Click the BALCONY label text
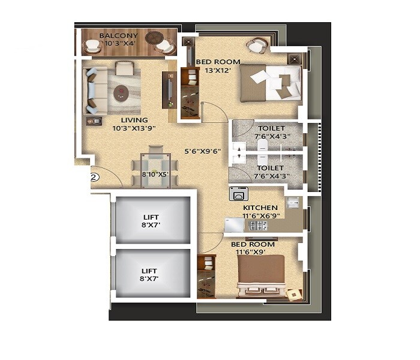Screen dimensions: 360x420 118,36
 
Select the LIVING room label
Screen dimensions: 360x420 133,120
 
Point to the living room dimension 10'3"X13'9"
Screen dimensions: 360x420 133,128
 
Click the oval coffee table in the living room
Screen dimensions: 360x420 121,92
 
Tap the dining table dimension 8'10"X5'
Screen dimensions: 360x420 155,175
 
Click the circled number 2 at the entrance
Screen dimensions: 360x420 94,177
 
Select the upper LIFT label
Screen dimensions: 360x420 151,217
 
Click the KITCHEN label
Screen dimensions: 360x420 260,208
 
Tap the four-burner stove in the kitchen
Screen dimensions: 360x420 258,226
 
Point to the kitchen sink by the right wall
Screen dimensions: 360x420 293,202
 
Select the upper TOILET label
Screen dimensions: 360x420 271,128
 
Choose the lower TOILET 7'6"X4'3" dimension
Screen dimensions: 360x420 272,176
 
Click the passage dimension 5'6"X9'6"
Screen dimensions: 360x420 203,152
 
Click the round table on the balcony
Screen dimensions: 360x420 153,37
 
